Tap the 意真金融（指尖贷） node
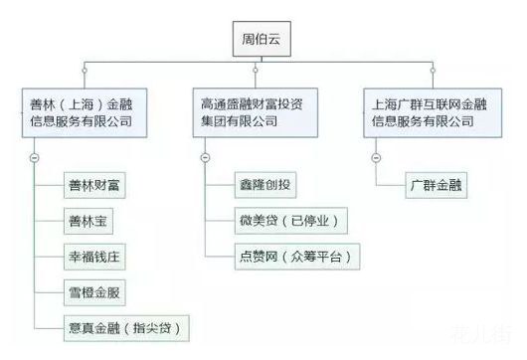[x=123, y=325]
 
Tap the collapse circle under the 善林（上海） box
[x=35, y=156]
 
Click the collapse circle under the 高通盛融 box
[x=206, y=156]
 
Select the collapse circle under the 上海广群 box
[x=377, y=156]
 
